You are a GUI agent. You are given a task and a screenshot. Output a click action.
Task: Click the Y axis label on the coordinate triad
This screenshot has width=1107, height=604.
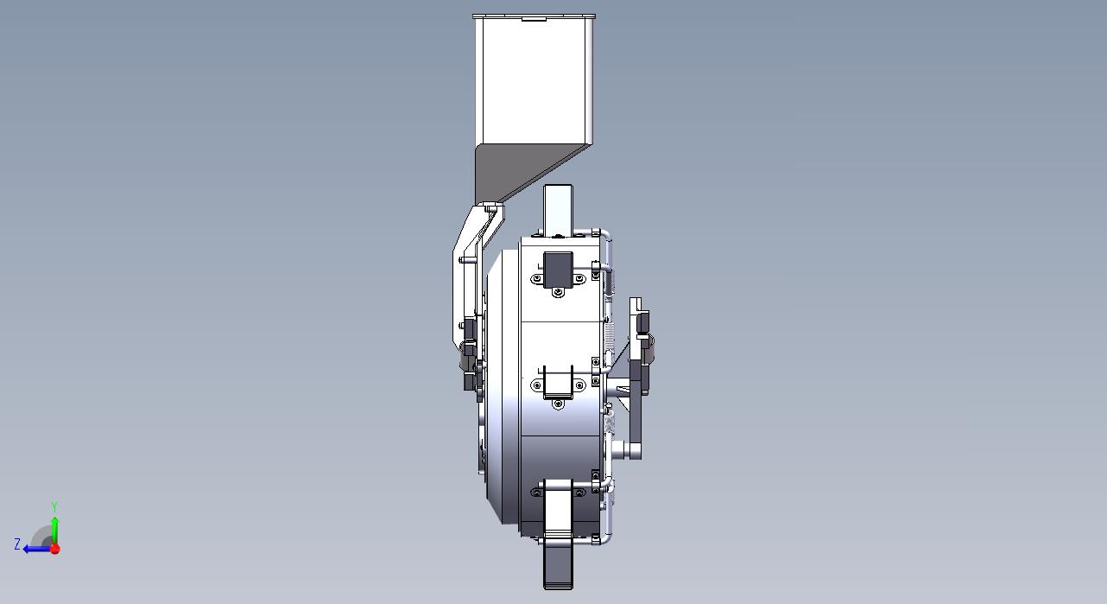(54, 506)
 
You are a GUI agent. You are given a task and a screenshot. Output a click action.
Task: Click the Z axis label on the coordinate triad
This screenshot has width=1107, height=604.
(17, 544)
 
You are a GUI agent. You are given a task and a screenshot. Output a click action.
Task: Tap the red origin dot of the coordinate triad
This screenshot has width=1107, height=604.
(55, 549)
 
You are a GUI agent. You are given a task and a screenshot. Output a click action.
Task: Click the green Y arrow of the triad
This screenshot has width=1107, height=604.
(55, 531)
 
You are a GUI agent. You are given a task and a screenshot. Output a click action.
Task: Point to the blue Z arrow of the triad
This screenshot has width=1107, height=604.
(37, 549)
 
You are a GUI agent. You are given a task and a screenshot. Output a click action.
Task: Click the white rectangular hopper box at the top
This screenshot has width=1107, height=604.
(534, 81)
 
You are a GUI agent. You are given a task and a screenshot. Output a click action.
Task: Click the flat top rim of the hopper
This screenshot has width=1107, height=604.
(534, 16)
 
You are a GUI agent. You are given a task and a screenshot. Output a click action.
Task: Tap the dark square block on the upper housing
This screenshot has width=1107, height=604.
(558, 270)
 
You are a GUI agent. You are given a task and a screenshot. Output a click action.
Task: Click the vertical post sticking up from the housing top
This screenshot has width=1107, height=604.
(558, 209)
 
